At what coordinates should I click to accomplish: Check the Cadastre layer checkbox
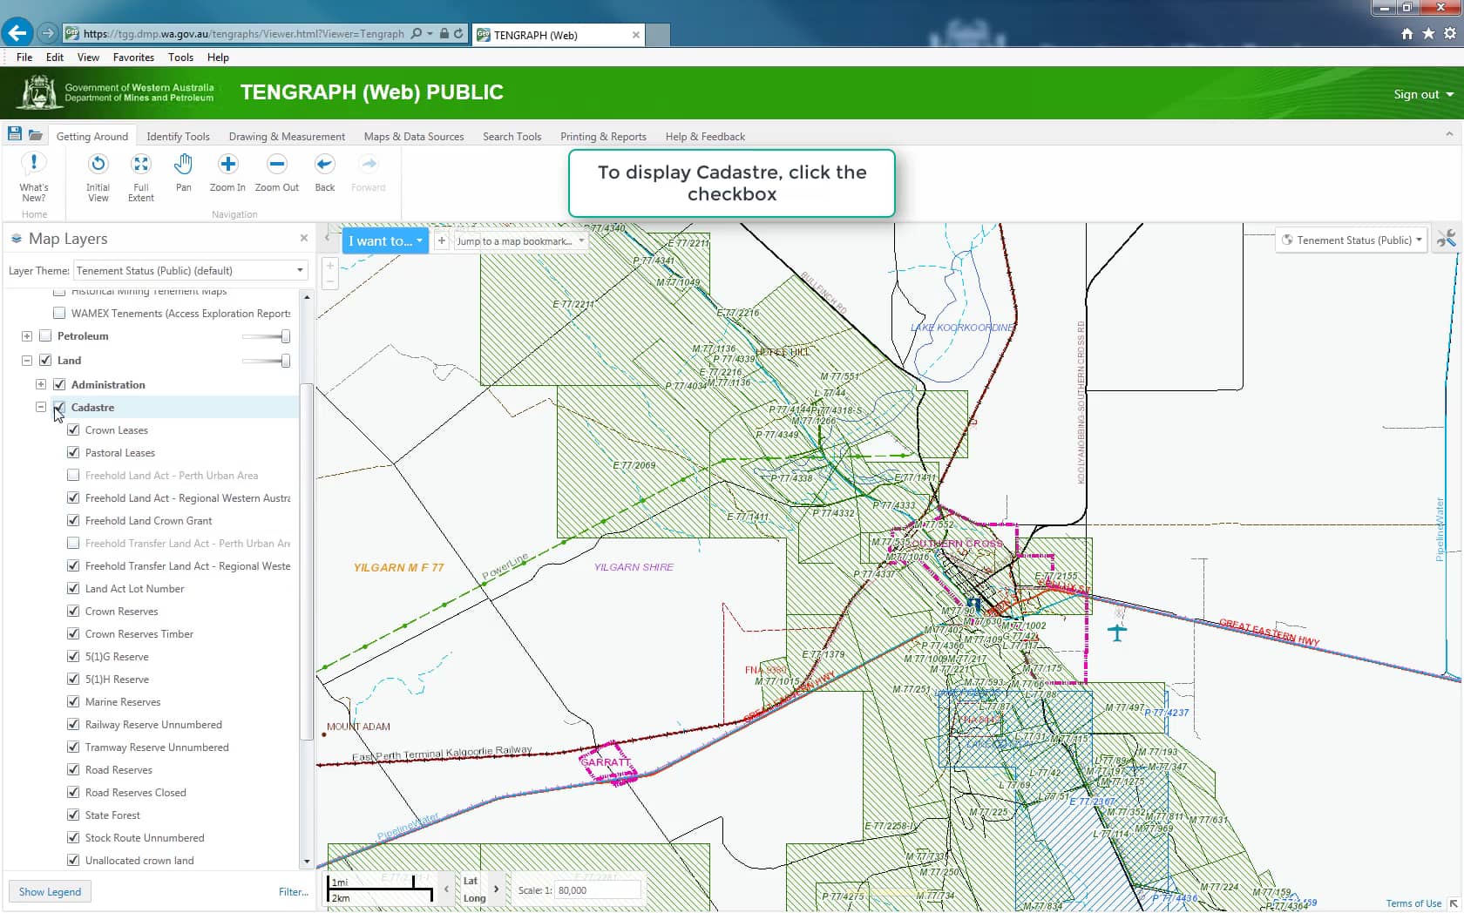(59, 408)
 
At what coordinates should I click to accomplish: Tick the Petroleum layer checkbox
(45, 336)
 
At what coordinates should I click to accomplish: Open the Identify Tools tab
(178, 137)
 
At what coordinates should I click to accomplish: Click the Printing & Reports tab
(603, 137)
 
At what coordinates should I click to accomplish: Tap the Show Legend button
(50, 892)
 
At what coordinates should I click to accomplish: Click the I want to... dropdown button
(385, 241)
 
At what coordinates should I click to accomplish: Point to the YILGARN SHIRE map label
(634, 567)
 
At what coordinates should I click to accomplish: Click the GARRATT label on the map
(606, 762)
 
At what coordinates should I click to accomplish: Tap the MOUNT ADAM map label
(358, 727)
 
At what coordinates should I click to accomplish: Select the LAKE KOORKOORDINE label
(962, 328)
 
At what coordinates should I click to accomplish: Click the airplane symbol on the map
(1117, 632)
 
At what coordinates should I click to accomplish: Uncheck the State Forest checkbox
(73, 815)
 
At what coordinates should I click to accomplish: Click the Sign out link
(1422, 94)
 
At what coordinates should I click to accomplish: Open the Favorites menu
(133, 57)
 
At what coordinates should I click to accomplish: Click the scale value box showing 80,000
(597, 890)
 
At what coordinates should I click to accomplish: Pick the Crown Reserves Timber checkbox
(73, 634)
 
